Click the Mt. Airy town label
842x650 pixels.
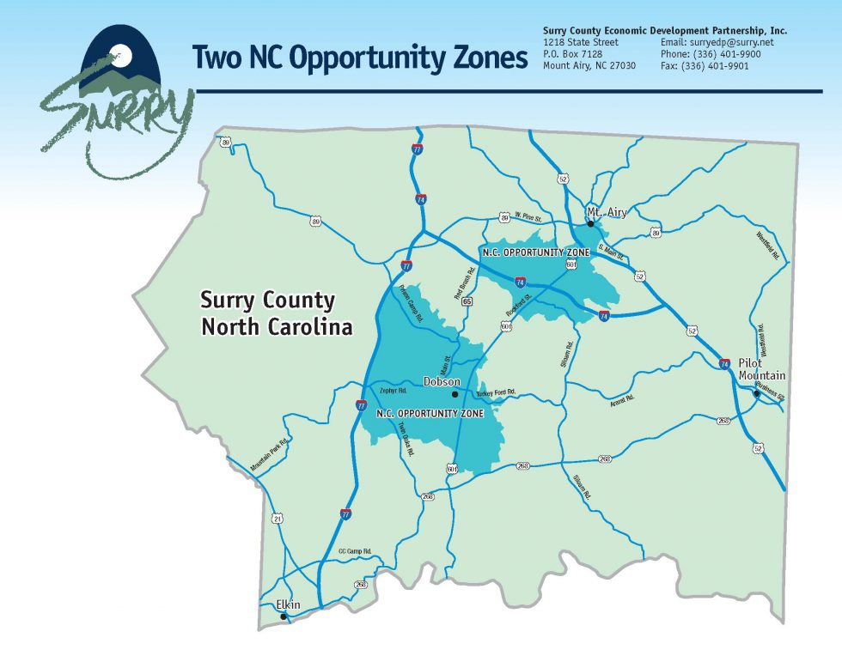point(607,211)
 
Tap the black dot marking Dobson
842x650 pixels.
point(455,394)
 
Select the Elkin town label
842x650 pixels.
point(289,604)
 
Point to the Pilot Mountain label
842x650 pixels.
point(762,369)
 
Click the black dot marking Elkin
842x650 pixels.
point(284,616)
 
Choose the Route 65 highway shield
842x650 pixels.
point(467,301)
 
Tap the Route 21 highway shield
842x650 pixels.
point(277,519)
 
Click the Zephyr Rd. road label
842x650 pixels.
point(392,391)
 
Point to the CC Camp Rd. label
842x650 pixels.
point(354,550)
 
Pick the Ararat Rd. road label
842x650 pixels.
point(622,398)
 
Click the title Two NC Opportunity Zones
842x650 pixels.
point(359,57)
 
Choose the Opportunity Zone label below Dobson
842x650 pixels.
point(430,413)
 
